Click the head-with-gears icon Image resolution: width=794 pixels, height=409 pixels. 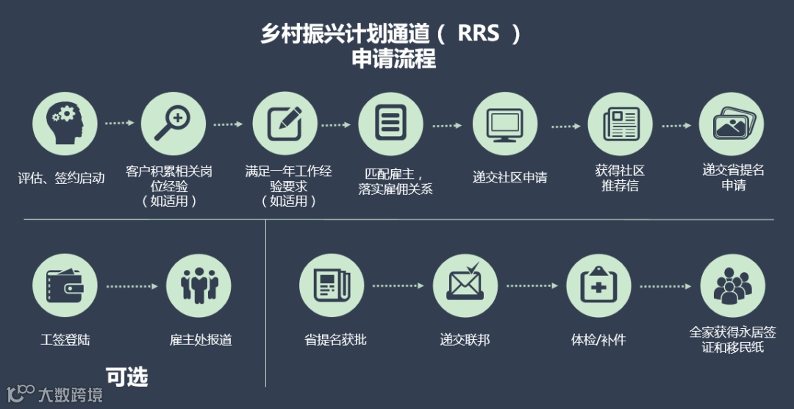(x=65, y=124)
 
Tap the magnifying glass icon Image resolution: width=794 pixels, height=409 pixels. (x=174, y=124)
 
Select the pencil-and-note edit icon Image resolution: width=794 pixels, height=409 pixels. (x=285, y=124)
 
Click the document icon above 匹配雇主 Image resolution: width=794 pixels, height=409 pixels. (x=390, y=124)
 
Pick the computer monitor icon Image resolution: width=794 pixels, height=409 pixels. (x=505, y=124)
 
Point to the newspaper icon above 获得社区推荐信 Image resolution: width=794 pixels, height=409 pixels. (x=620, y=124)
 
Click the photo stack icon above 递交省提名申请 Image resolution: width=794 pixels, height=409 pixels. (x=731, y=124)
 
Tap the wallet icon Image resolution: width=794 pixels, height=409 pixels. (x=65, y=285)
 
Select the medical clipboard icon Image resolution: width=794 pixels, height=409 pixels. (x=598, y=285)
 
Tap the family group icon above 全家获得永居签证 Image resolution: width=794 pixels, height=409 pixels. (x=732, y=285)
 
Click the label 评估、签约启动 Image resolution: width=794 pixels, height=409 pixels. (x=62, y=178)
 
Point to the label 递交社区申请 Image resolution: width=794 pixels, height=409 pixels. (x=509, y=178)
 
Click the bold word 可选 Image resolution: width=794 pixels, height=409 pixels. (x=126, y=377)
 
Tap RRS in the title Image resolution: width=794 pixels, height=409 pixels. (x=478, y=34)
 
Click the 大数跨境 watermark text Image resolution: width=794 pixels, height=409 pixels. (x=71, y=395)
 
